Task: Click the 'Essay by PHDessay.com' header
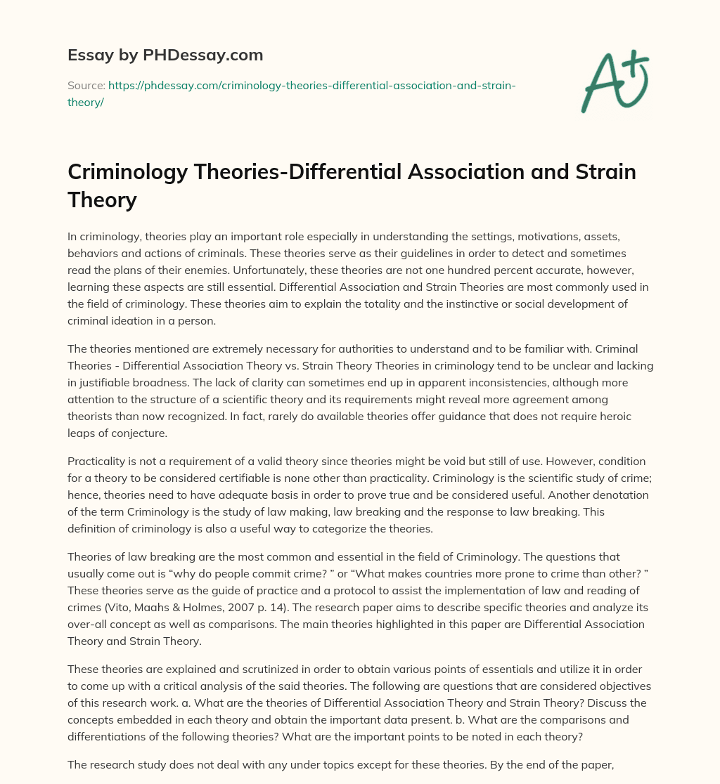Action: tap(165, 55)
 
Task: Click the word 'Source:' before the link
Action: tap(86, 85)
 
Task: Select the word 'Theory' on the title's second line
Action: tap(102, 200)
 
